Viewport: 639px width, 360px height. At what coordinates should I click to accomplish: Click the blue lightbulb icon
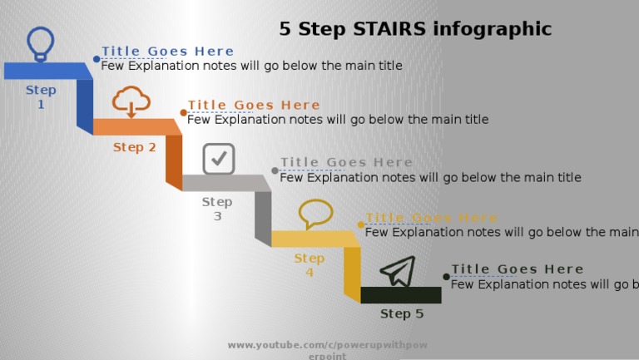click(x=40, y=43)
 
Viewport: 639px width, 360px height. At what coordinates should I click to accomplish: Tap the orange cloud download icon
click(x=131, y=101)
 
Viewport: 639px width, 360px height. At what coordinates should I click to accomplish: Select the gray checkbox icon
click(x=219, y=158)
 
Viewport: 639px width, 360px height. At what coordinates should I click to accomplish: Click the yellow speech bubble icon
click(x=315, y=214)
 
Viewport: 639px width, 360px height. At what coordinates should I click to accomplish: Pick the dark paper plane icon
click(x=398, y=271)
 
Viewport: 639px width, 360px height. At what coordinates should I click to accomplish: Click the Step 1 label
click(x=41, y=97)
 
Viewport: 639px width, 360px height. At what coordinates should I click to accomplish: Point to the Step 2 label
click(x=134, y=147)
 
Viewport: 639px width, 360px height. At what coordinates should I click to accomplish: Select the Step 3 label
click(x=217, y=209)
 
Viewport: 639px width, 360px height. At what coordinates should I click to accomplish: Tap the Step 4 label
click(x=309, y=265)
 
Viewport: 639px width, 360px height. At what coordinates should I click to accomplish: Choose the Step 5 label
click(x=402, y=313)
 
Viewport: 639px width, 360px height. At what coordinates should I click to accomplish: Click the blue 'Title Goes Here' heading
click(x=168, y=52)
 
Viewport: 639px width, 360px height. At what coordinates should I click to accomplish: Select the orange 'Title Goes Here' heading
click(x=254, y=105)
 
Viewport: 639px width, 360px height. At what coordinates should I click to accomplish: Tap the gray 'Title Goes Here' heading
click(x=346, y=162)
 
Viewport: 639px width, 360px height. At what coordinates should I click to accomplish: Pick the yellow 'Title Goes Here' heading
click(x=431, y=218)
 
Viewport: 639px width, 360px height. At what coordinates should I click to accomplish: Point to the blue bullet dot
click(x=97, y=59)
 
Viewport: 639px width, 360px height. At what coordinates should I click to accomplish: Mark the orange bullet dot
click(x=183, y=112)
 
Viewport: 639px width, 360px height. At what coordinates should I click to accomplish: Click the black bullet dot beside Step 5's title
click(x=446, y=276)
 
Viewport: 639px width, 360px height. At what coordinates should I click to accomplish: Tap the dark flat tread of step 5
click(x=401, y=294)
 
